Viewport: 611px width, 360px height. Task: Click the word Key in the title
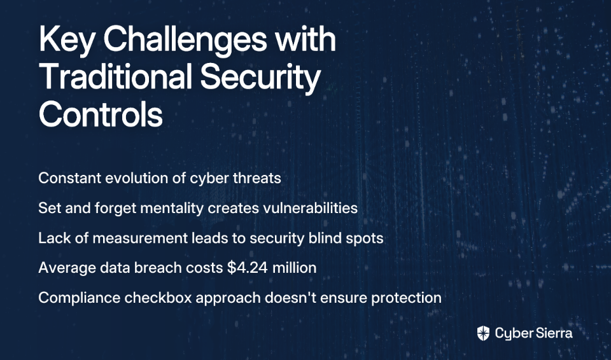coord(66,40)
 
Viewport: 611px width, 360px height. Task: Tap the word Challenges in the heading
coord(185,40)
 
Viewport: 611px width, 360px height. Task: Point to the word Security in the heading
coord(260,78)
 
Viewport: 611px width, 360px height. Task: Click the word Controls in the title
coord(101,114)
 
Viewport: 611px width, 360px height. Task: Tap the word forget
coord(115,209)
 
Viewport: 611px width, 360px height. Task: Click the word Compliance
coord(80,298)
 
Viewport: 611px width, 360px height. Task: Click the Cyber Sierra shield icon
coord(483,333)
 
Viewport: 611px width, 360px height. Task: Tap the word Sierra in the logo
coord(554,333)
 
